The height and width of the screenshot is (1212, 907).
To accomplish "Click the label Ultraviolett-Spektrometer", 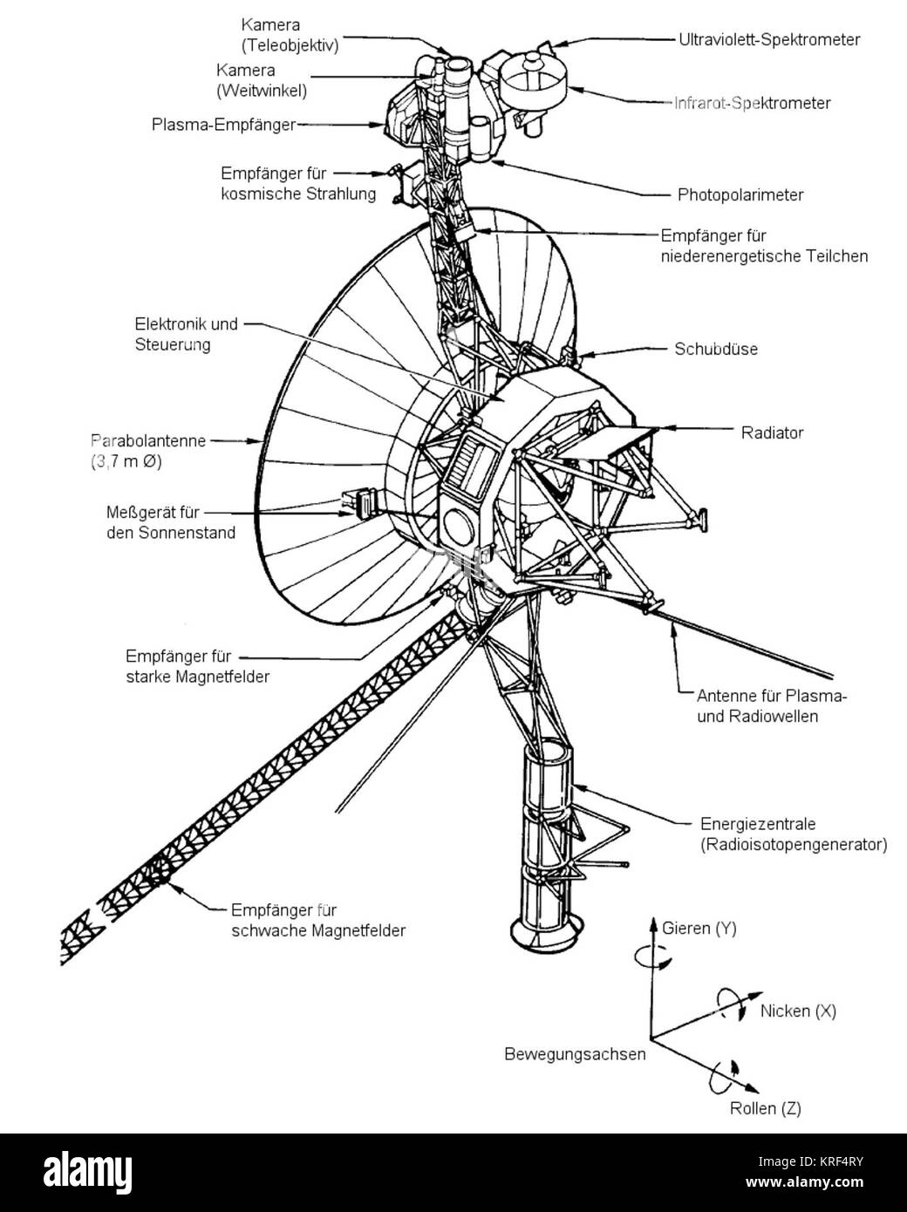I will pos(769,39).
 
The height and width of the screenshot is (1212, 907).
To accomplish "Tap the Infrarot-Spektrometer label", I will pos(752,103).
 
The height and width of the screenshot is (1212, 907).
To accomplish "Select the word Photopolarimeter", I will pos(740,194).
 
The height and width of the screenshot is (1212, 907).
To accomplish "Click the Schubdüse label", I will pos(715,349).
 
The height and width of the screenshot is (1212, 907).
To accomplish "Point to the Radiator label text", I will pos(772,432).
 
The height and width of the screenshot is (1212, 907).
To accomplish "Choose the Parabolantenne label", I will pos(148,440).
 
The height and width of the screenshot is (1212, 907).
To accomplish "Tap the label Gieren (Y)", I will pos(699,929).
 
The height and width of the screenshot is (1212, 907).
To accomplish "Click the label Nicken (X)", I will pos(798,1011).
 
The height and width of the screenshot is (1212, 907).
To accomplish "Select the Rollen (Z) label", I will pos(765,1108).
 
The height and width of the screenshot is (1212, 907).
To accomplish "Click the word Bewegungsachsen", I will pos(575,1053).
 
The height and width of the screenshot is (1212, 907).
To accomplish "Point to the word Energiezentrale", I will pos(758,823).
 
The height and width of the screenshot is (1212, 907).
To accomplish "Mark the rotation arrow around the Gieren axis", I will pos(652,957).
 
